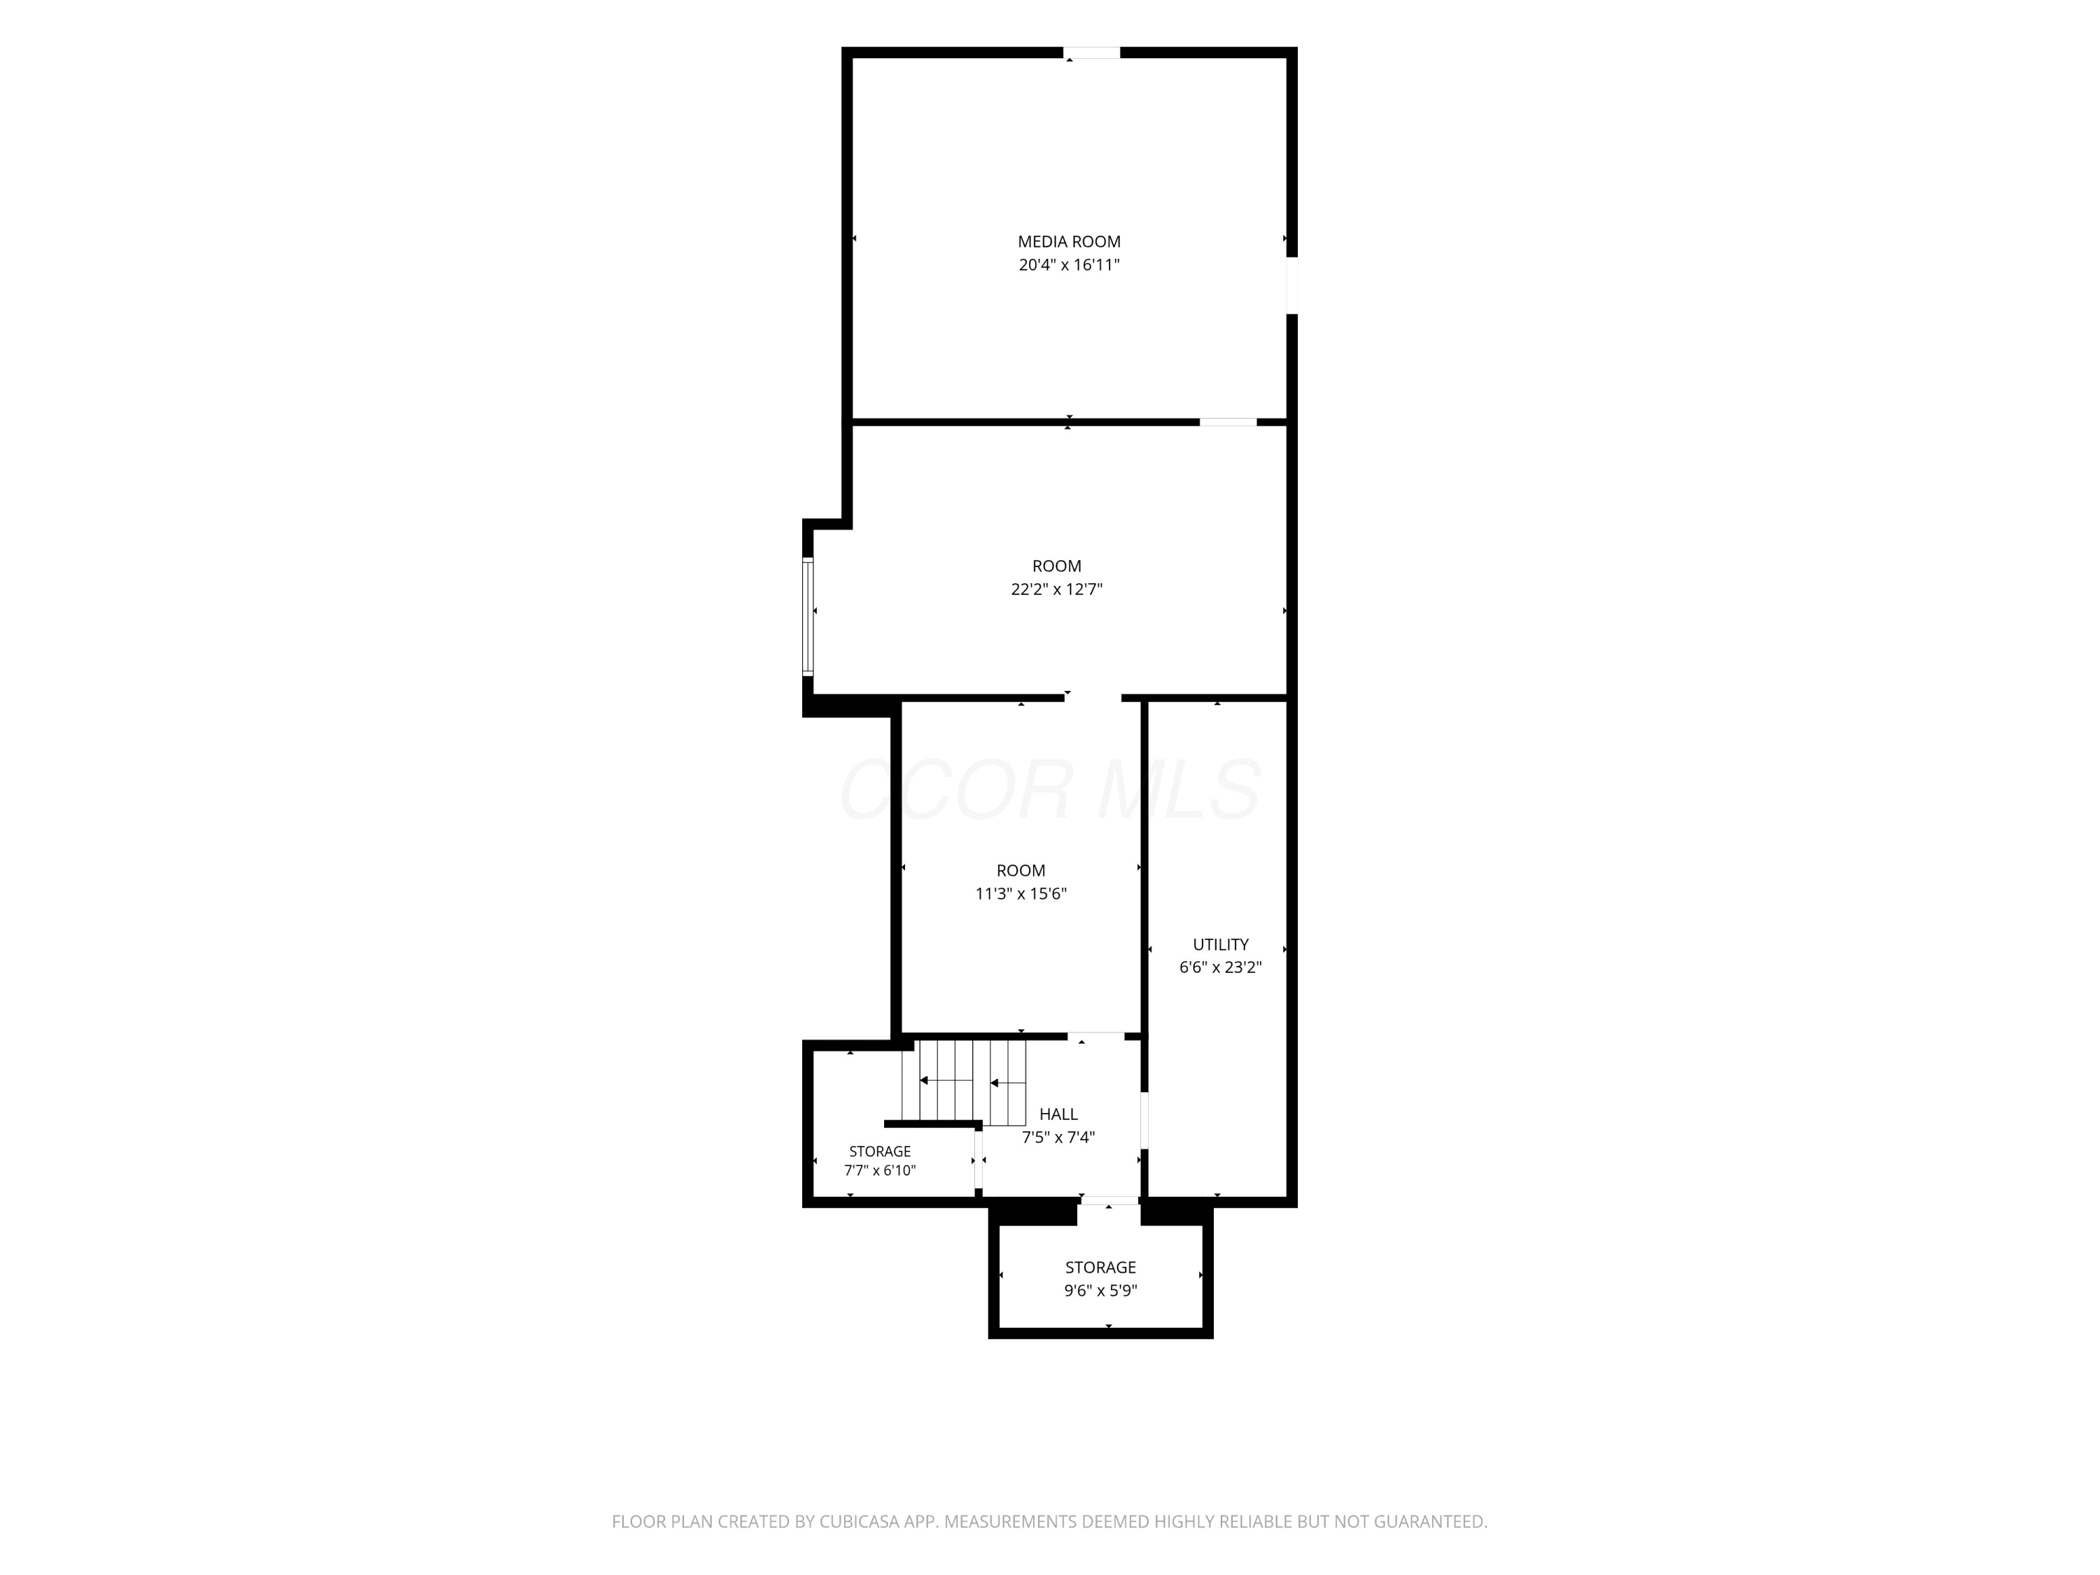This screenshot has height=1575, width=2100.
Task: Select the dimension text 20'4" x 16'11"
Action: (1069, 265)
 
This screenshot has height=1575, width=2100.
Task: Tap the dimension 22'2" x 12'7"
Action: (1056, 589)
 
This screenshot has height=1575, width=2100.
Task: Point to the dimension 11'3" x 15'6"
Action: (1021, 893)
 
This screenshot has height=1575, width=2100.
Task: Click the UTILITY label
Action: (1221, 944)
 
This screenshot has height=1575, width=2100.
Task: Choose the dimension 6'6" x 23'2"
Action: (1221, 967)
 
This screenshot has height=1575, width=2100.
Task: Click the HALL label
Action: (1058, 1114)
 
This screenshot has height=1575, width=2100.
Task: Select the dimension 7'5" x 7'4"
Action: (1058, 1137)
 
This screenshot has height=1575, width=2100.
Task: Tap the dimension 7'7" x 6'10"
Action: (880, 1170)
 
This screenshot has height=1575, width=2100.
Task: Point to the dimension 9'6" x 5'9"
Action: (1100, 1290)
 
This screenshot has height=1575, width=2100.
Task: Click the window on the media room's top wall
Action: (1092, 53)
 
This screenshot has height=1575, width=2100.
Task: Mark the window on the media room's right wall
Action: (1292, 285)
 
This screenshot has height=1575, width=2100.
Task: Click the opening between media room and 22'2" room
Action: (1228, 421)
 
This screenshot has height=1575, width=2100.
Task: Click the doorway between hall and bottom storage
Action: (1109, 1201)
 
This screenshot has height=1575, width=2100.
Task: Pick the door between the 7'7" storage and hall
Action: (978, 1159)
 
